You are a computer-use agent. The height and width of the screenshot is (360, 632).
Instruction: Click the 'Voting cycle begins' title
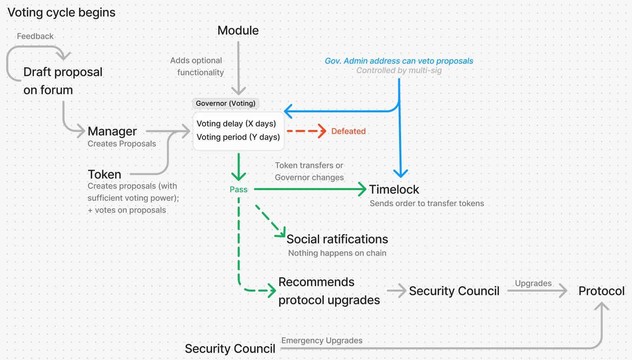point(61,12)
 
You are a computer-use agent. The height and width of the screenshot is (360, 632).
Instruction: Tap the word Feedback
point(35,36)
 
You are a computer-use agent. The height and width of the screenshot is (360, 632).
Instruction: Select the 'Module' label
point(238,30)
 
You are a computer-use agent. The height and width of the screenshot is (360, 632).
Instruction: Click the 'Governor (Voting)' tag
point(226,103)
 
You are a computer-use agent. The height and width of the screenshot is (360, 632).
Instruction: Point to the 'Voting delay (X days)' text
point(236,123)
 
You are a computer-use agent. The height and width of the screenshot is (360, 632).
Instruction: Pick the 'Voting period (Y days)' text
point(238,137)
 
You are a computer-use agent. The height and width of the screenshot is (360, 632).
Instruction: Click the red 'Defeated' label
point(348,131)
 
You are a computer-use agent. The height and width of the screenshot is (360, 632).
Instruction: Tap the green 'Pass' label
point(238,189)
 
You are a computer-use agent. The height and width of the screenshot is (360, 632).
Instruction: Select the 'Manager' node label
point(112,131)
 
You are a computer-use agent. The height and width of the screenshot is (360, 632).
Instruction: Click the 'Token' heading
point(104,174)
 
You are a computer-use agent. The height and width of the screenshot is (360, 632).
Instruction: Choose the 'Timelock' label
point(394,189)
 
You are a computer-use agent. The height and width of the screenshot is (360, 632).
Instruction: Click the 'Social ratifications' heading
point(337,239)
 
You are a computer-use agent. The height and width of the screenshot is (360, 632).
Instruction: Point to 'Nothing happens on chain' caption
point(337,253)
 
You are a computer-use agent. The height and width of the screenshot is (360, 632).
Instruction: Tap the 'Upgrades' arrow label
point(533,283)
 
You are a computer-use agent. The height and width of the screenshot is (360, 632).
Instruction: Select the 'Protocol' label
point(601,291)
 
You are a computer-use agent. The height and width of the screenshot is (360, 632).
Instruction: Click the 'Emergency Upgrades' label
point(322,340)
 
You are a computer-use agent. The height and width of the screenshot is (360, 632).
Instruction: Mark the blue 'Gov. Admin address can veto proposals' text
point(399,61)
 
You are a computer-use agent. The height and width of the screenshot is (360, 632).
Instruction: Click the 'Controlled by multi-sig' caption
point(399,70)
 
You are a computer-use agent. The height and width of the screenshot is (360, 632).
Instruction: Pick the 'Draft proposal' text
point(63,72)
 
